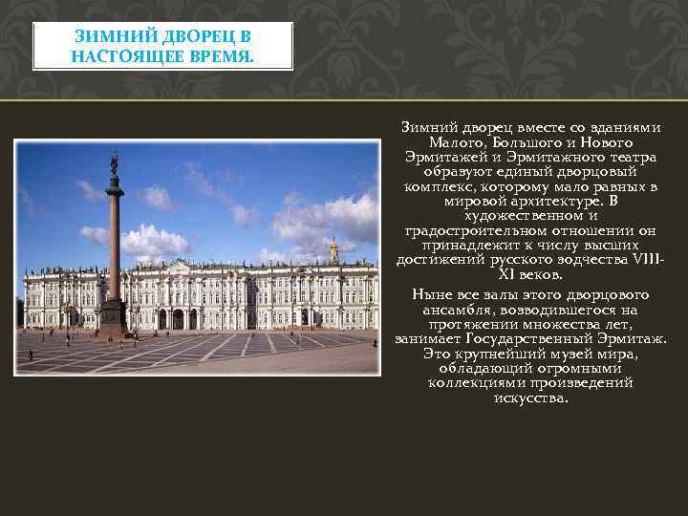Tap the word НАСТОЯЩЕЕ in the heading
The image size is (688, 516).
click(x=121, y=55)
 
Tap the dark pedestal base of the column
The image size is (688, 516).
click(x=113, y=316)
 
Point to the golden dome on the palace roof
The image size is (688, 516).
click(x=333, y=248)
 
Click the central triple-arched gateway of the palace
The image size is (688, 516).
click(x=177, y=318)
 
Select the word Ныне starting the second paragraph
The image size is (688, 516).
click(x=425, y=294)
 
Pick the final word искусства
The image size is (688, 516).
click(x=530, y=398)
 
